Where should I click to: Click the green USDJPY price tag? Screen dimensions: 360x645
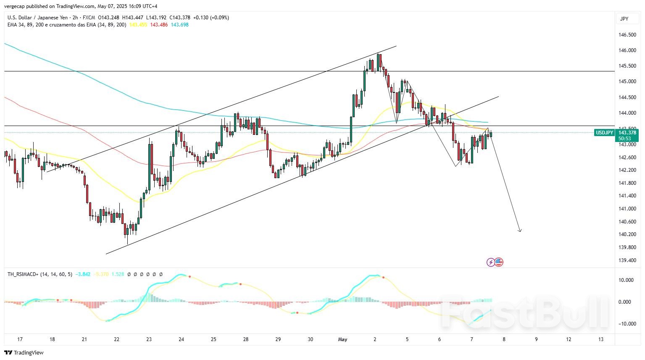click(x=605, y=133)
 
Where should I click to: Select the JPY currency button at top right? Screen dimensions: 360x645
click(x=624, y=19)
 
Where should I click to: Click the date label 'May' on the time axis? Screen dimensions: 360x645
click(x=343, y=339)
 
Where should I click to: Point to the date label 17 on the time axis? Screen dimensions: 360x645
click(x=20, y=339)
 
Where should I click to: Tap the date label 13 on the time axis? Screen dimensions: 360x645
click(x=601, y=339)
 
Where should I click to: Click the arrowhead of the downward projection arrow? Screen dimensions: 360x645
click(x=520, y=230)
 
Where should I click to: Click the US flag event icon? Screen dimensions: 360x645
click(x=499, y=262)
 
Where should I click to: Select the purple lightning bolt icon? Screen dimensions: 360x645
click(x=490, y=262)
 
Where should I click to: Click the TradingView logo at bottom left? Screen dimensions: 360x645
click(x=24, y=352)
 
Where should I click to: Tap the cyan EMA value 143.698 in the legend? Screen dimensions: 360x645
click(x=179, y=25)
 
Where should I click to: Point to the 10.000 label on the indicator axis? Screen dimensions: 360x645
click(x=627, y=280)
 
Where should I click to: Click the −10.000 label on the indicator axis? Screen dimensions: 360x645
click(x=626, y=324)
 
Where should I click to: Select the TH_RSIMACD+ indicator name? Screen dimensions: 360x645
click(x=23, y=274)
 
